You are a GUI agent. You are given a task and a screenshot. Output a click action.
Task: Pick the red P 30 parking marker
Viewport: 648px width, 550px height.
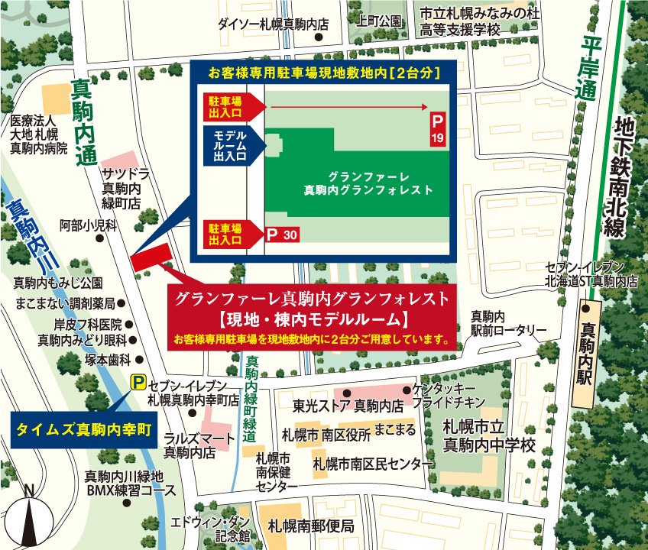point(280,235)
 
